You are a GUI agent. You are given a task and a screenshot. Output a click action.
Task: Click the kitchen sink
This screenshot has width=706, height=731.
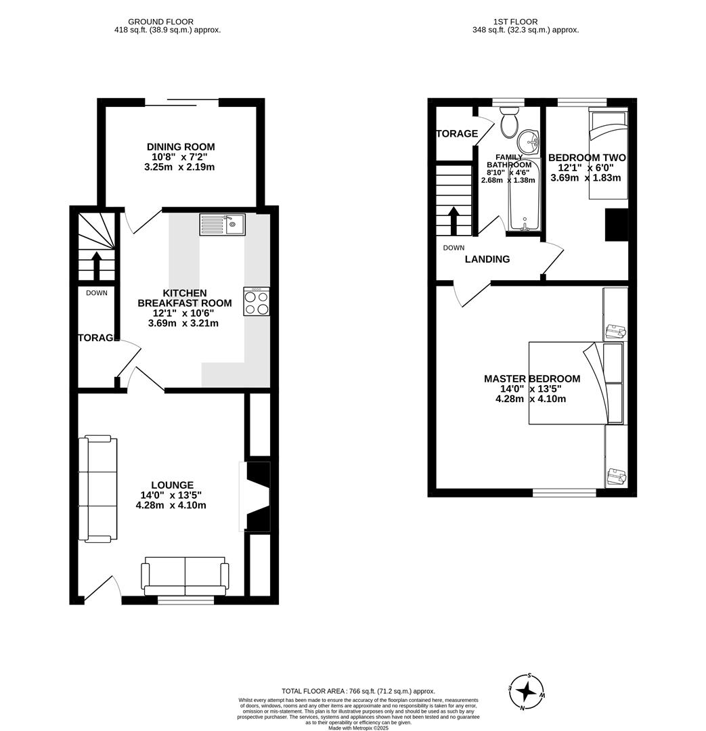223,224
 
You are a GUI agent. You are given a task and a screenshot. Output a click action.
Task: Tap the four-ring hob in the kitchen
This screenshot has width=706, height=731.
257,301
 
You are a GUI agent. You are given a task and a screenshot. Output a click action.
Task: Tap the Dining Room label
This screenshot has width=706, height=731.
181,147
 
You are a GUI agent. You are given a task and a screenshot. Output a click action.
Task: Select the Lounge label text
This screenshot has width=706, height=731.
172,485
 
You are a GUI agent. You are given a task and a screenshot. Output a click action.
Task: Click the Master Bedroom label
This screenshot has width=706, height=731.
531,378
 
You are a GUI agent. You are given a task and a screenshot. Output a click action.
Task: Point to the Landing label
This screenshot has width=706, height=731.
487,259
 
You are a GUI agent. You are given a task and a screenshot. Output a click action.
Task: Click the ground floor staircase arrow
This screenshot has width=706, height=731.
96,265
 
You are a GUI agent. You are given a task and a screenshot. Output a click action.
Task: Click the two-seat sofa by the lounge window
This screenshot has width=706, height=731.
184,575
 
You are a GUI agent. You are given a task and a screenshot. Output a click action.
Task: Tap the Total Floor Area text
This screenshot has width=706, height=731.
358,691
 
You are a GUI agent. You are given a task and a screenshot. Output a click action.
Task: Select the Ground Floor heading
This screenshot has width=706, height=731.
160,22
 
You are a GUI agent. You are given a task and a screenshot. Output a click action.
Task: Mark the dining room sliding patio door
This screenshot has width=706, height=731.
181,103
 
